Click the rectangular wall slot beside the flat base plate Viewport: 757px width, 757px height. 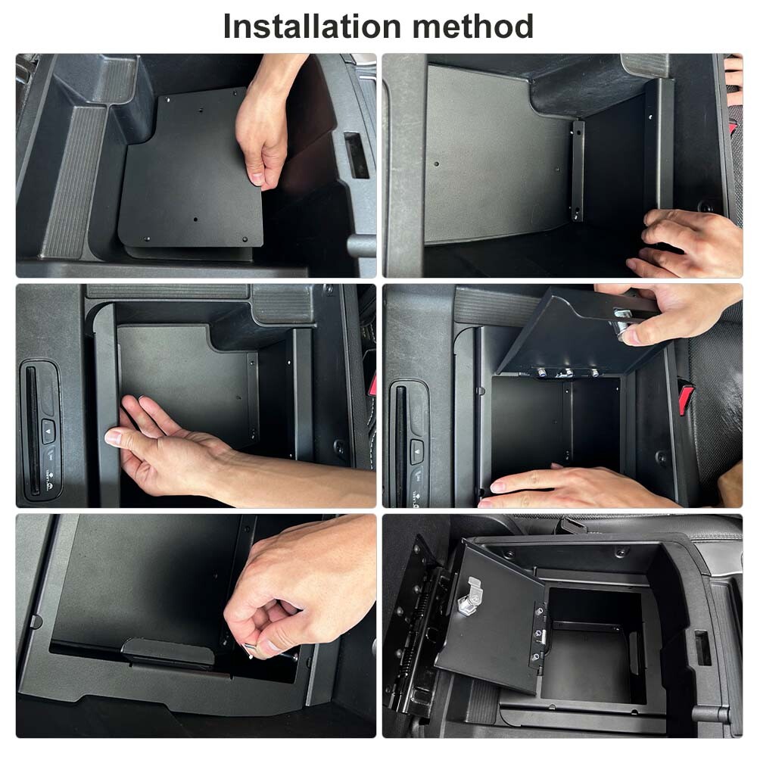(356, 155)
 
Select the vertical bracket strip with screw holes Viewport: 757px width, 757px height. (578, 171)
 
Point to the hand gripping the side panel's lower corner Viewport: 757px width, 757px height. (685, 244)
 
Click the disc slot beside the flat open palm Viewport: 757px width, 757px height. (32, 428)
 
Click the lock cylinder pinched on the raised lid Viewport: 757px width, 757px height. (625, 322)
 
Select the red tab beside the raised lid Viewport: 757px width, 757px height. (686, 397)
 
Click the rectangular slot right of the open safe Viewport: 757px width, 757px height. (702, 648)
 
